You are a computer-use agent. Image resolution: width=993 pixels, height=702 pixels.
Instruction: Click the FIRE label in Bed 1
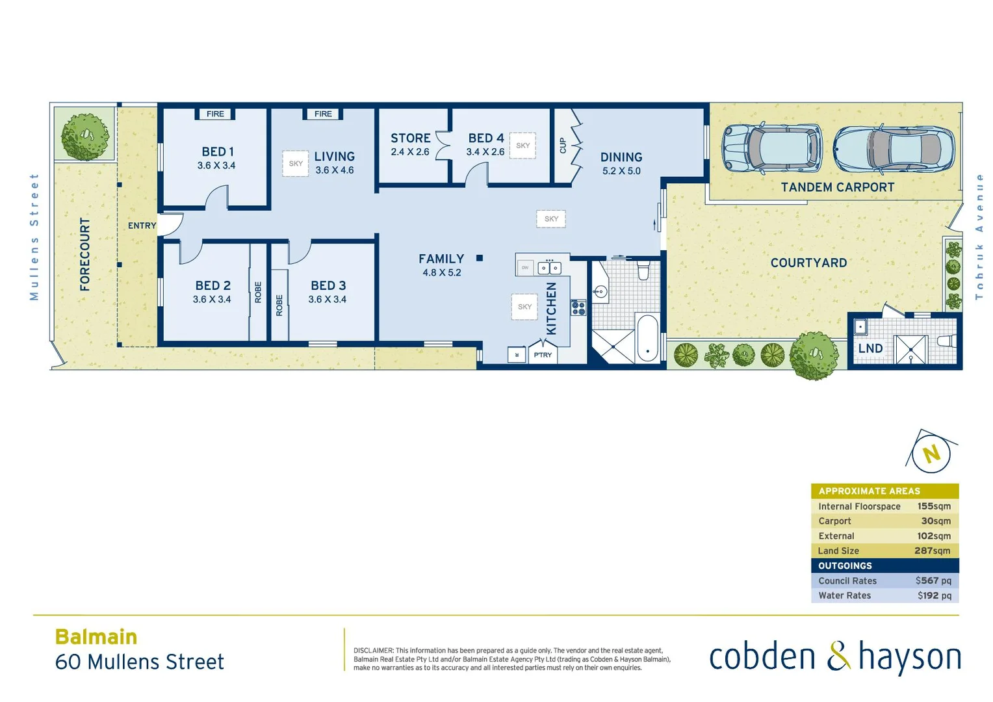[x=215, y=114]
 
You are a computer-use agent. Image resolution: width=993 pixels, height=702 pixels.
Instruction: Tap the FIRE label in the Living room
[x=323, y=114]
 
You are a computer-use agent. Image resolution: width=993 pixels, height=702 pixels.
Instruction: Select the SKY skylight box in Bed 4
[x=522, y=146]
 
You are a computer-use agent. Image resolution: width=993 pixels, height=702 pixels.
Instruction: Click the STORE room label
[x=410, y=138]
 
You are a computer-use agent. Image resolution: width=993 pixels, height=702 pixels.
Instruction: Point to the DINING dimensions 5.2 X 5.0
[x=621, y=171]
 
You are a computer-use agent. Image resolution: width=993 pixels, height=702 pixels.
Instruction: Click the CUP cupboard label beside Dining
[x=563, y=146]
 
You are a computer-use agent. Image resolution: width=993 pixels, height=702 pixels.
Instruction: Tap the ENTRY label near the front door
[x=142, y=226]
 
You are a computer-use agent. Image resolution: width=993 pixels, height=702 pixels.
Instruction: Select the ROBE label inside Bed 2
[x=258, y=292]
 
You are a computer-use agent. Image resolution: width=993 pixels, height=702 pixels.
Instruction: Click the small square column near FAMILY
[x=480, y=258]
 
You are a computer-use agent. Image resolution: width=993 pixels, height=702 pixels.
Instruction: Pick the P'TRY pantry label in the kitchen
[x=543, y=355]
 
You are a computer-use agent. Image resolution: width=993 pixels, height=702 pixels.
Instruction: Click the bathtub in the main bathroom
[x=647, y=337]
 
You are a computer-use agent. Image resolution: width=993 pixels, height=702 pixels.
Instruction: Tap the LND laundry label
[x=870, y=348]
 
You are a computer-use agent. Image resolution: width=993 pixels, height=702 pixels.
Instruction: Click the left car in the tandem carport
[x=772, y=148]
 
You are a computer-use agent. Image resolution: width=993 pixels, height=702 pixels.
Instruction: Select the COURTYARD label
[x=808, y=263]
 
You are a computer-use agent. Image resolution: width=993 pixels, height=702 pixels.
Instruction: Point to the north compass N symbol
[x=932, y=453]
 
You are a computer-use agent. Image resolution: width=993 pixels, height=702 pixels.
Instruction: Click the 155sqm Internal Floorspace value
[x=934, y=506]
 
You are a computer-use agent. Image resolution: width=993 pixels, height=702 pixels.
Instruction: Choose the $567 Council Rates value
[x=933, y=580]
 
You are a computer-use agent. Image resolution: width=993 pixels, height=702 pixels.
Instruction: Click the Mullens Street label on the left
[x=34, y=237]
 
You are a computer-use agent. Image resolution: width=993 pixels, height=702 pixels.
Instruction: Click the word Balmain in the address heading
[x=96, y=636]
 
